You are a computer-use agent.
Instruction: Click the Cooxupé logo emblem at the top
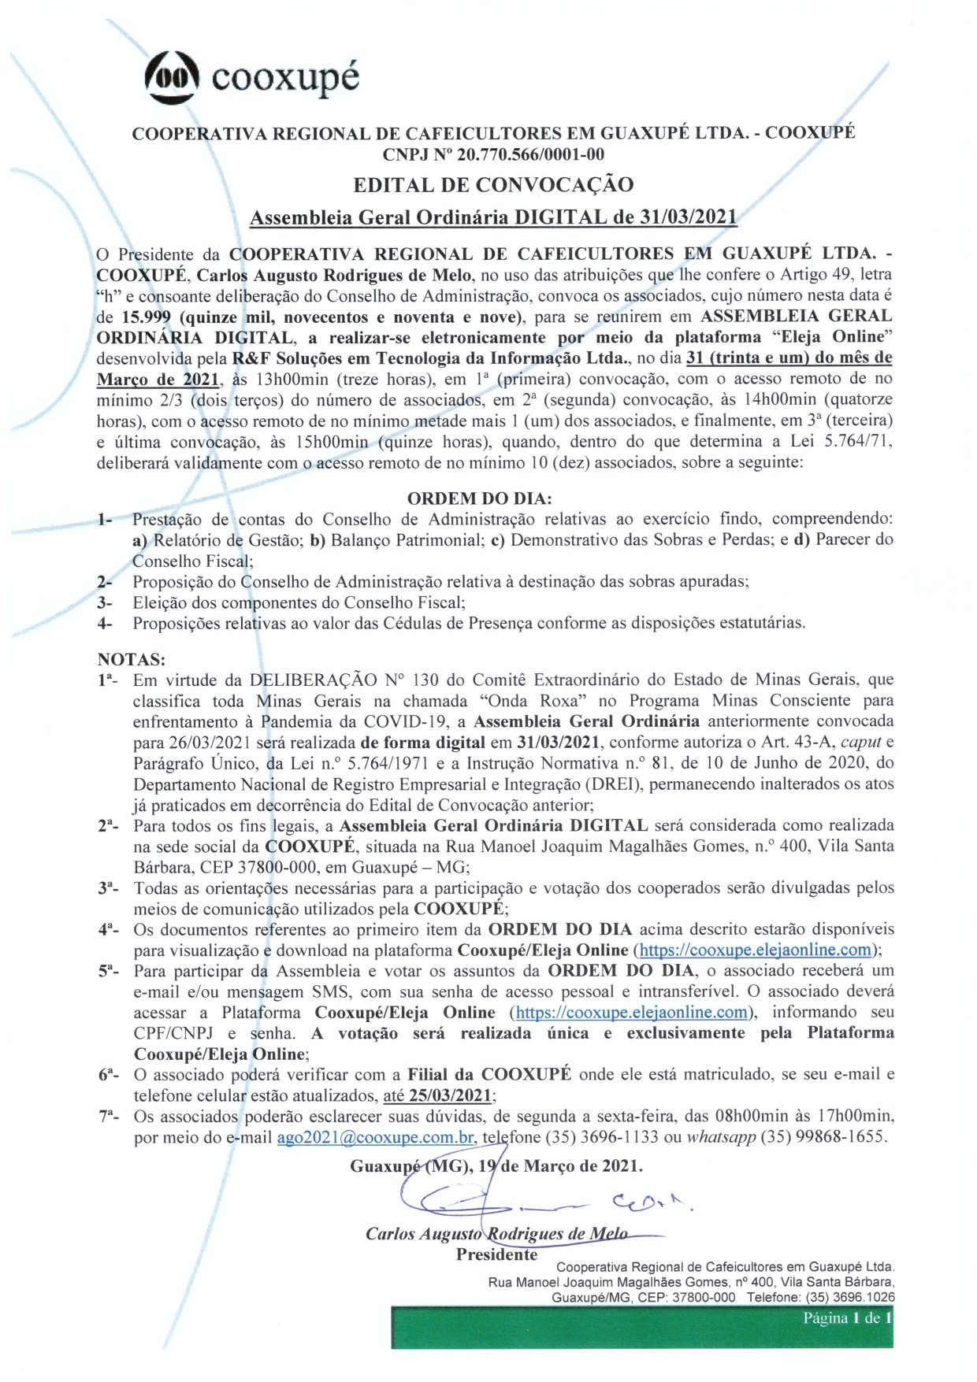[x=172, y=76]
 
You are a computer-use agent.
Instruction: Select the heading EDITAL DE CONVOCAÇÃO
[x=493, y=185]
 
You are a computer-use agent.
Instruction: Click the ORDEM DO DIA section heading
[x=479, y=498]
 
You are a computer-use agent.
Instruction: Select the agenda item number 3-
[x=105, y=602]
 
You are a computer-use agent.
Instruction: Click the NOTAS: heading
[x=132, y=659]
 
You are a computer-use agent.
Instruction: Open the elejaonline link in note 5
[x=631, y=1012]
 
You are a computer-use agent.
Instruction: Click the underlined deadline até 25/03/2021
[x=438, y=1095]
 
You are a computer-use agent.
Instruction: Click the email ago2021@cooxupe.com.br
[x=376, y=1137]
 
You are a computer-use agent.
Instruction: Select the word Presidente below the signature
[x=496, y=1254]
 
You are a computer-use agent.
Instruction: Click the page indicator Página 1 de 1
[x=846, y=1318]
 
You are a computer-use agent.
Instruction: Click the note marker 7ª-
[x=109, y=1116]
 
